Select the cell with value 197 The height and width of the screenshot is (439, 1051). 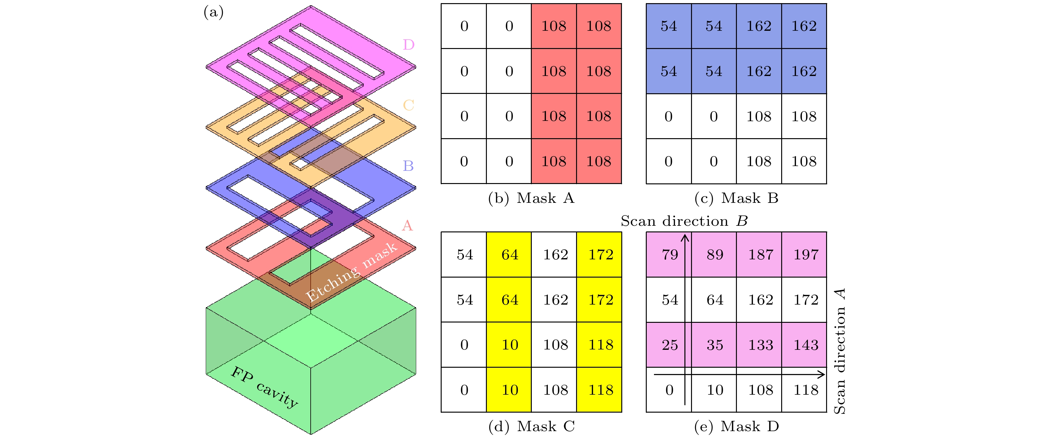pyautogui.click(x=805, y=255)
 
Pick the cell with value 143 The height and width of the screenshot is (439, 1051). pyautogui.click(x=805, y=345)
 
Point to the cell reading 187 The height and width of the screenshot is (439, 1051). pyautogui.click(x=760, y=255)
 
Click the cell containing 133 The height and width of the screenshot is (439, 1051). pyautogui.click(x=760, y=345)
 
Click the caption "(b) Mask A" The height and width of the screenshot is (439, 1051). pyautogui.click(x=531, y=198)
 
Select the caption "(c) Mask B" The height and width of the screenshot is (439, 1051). pyautogui.click(x=737, y=198)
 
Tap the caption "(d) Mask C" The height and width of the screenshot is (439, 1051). pyautogui.click(x=531, y=426)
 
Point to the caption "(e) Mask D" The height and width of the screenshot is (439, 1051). pyautogui.click(x=737, y=426)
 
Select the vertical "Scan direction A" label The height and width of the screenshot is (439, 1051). pyautogui.click(x=839, y=351)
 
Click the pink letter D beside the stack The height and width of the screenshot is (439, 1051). pyautogui.click(x=408, y=45)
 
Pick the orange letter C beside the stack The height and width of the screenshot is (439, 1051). pyautogui.click(x=408, y=105)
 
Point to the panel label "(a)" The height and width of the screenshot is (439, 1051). pyautogui.click(x=213, y=12)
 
